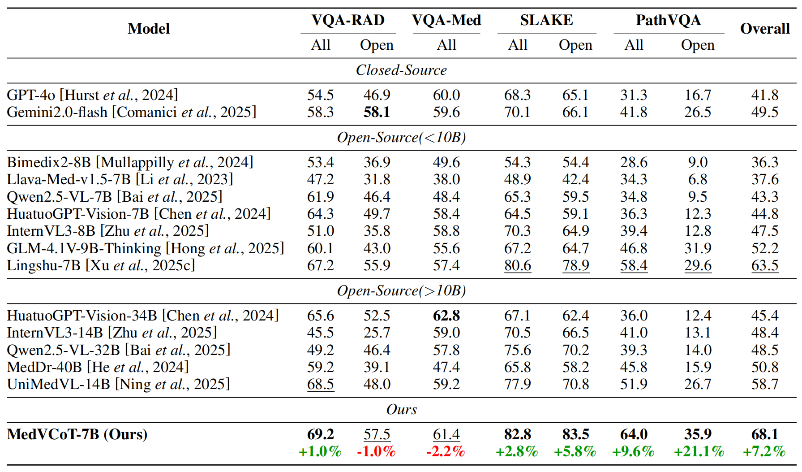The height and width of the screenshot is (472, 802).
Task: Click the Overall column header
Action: click(x=765, y=29)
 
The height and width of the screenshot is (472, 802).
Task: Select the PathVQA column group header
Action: click(x=668, y=20)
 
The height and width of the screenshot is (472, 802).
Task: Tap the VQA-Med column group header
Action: click(x=446, y=20)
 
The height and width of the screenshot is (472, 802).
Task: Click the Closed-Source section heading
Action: click(x=401, y=70)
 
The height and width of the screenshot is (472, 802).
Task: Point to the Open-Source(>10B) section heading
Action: click(x=401, y=291)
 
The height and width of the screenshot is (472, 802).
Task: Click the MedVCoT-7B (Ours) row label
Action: click(x=77, y=434)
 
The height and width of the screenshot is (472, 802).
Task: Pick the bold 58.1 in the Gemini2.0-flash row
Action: click(x=377, y=112)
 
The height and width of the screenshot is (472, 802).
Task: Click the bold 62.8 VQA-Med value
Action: click(x=446, y=316)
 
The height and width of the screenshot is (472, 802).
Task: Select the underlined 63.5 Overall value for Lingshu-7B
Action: click(x=765, y=265)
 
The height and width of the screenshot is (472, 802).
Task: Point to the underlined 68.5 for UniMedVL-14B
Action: click(x=321, y=384)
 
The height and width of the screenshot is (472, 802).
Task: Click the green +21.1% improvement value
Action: click(x=699, y=451)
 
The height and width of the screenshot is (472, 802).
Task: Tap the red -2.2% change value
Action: click(x=446, y=451)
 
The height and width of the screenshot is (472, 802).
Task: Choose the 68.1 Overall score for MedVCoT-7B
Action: click(x=765, y=434)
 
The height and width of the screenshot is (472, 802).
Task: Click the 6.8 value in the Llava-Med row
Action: click(x=698, y=179)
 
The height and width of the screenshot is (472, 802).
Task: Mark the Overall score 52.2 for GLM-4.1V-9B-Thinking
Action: click(x=765, y=248)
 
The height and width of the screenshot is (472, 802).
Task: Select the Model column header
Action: click(x=149, y=29)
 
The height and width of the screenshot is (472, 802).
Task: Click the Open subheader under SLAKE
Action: click(x=575, y=45)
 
